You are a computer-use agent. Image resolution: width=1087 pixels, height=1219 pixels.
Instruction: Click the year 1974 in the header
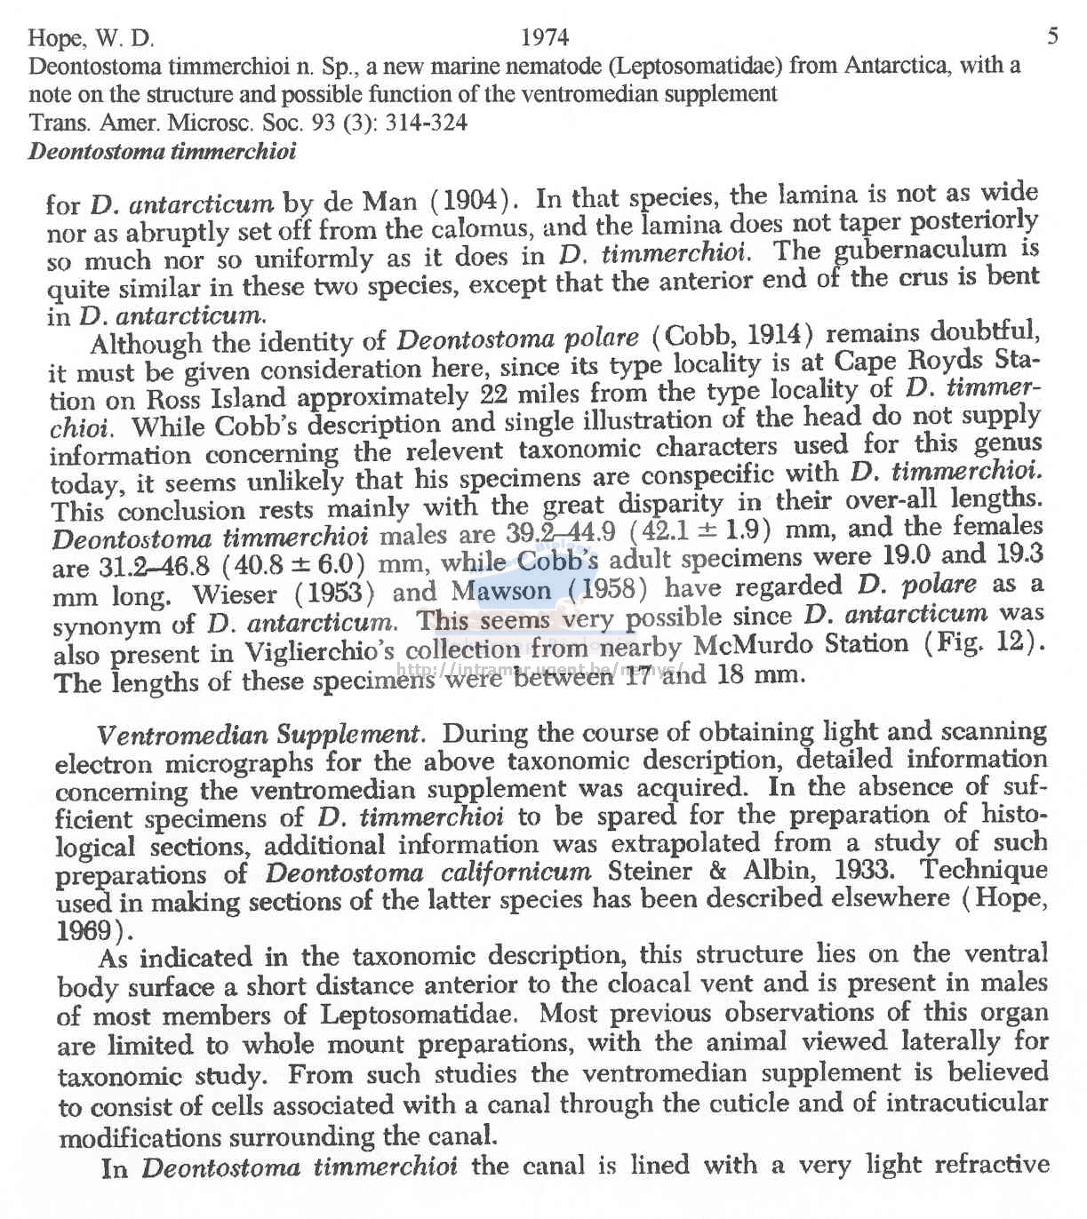[x=544, y=37]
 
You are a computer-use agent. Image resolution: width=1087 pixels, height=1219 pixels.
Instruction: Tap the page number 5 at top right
[x=1052, y=36]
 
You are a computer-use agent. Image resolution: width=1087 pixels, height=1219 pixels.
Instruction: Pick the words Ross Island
[x=216, y=398]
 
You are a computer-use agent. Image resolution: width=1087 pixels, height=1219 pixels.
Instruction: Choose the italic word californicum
[x=515, y=872]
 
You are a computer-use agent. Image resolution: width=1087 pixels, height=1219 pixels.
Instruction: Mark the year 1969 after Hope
[x=86, y=932]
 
